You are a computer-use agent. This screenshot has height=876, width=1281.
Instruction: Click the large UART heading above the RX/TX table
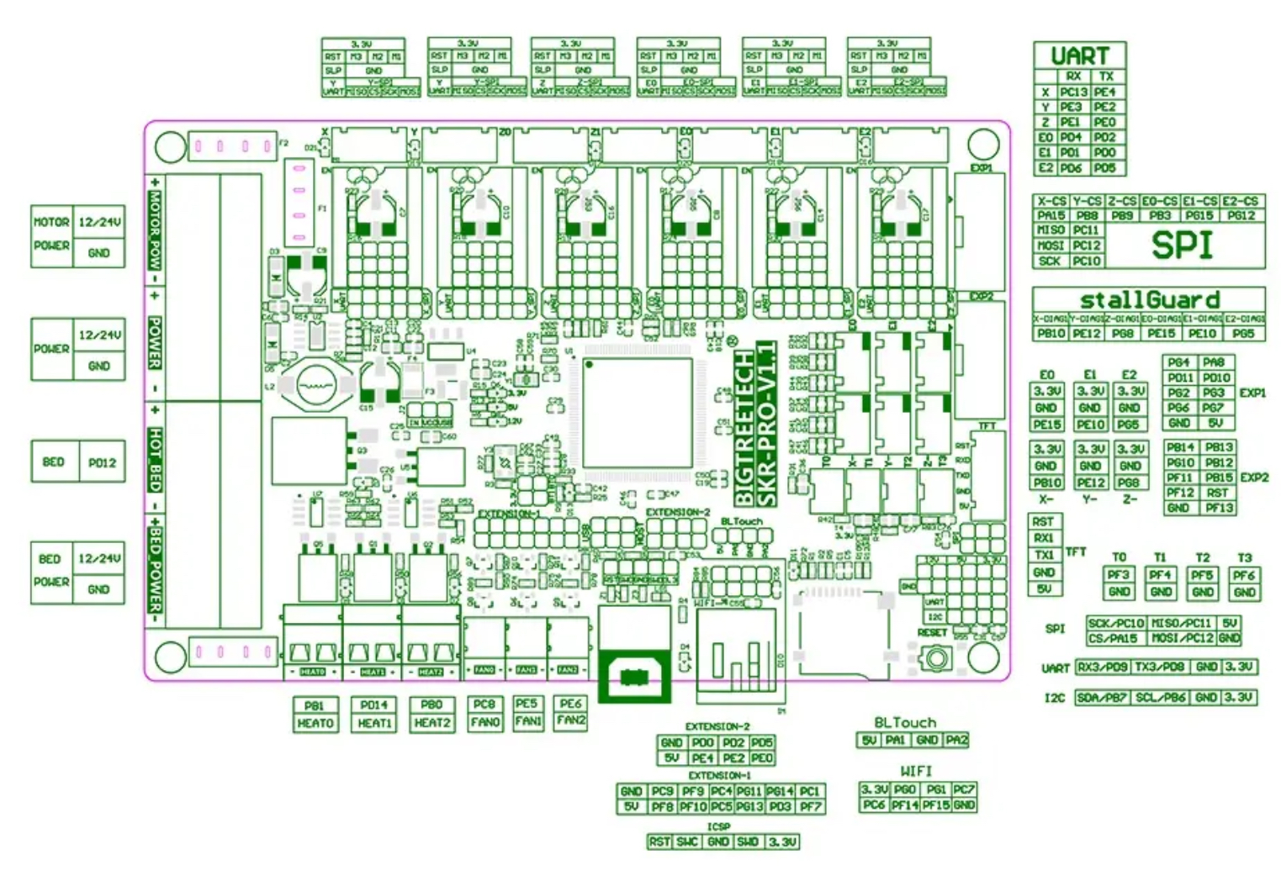click(x=1079, y=56)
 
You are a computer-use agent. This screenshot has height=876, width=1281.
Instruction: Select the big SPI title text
click(x=1182, y=245)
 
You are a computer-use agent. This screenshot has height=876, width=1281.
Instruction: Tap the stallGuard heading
click(x=1149, y=299)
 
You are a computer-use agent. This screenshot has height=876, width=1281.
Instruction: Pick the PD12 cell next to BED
click(x=102, y=462)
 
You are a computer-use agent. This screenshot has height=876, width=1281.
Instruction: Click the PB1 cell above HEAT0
click(x=315, y=705)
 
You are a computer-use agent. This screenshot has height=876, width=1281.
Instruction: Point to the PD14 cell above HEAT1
click(x=374, y=705)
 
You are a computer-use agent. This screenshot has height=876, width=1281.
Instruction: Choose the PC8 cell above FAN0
click(x=484, y=704)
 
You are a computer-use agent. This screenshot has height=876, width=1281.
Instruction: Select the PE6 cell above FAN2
click(x=570, y=704)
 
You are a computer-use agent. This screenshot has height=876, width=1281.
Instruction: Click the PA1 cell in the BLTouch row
click(x=896, y=740)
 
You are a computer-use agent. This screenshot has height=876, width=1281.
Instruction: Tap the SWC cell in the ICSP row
click(x=687, y=842)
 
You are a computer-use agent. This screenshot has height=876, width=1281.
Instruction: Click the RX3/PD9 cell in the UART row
click(x=1102, y=667)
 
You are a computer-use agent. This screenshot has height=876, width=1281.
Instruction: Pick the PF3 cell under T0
click(x=1118, y=575)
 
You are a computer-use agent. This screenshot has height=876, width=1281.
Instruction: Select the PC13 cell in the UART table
click(x=1073, y=92)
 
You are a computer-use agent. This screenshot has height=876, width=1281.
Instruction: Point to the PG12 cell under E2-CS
click(x=1241, y=215)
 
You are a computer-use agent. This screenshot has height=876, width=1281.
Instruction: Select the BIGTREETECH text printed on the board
click(x=744, y=429)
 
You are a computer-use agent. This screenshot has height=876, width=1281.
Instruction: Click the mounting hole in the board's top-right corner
click(x=982, y=145)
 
